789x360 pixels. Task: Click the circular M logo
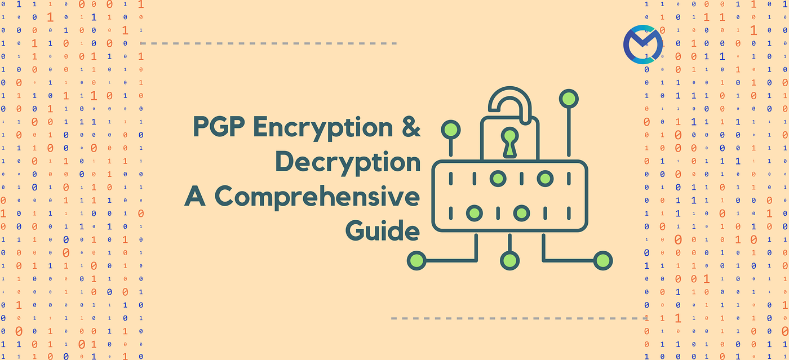[642, 44]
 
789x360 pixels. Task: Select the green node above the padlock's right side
[569, 99]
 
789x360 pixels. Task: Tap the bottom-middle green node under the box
[509, 260]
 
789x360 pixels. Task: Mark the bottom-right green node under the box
[603, 260]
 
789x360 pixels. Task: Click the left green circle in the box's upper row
[497, 179]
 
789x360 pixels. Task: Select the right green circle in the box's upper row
[544, 179]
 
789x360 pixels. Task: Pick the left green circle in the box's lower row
[474, 214]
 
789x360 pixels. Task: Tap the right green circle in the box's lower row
[521, 214]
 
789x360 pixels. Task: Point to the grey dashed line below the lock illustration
[518, 318]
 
